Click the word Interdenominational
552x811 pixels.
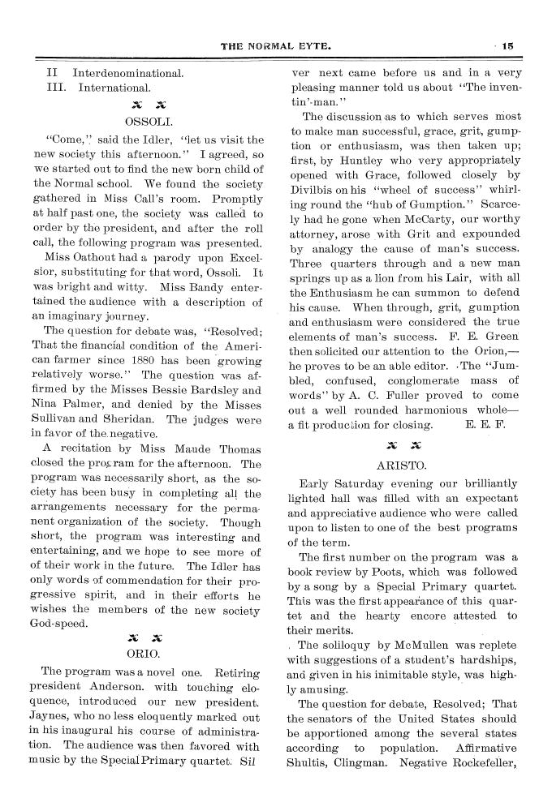pos(128,71)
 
